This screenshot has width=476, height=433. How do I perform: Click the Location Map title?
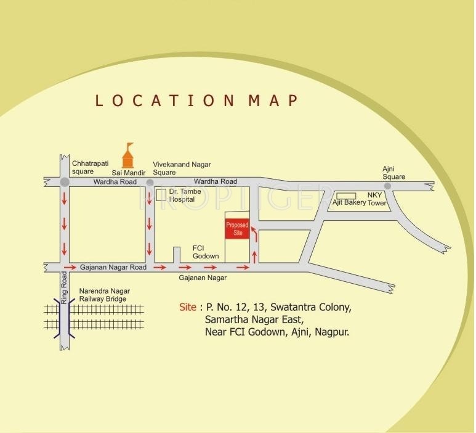click(196, 100)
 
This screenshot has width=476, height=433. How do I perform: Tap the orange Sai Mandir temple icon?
click(128, 156)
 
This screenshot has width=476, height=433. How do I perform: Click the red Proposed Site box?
click(237, 229)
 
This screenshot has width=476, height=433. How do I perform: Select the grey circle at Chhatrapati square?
click(65, 183)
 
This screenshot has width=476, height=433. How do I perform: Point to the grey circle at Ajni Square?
click(387, 186)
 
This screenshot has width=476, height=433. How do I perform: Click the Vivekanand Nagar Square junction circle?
click(149, 183)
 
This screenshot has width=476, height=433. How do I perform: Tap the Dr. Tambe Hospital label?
click(183, 196)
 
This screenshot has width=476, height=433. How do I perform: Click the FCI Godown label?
click(206, 252)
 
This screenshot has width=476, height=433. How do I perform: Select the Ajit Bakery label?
click(349, 202)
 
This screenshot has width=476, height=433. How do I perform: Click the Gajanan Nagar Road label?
click(113, 268)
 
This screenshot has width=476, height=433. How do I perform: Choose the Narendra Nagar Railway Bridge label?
click(103, 295)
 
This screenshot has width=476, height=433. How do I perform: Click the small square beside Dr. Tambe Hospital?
click(161, 195)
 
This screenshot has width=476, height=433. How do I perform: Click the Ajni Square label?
click(394, 173)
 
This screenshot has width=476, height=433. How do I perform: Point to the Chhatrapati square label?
click(90, 168)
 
